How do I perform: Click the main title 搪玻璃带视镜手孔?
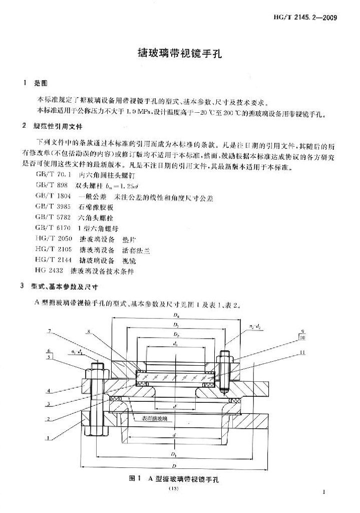pyautogui.click(x=179, y=53)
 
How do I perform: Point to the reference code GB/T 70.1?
pyautogui.click(x=51, y=176)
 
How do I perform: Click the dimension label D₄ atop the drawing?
pyautogui.click(x=176, y=316)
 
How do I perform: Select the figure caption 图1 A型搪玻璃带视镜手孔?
pyautogui.click(x=175, y=479)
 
